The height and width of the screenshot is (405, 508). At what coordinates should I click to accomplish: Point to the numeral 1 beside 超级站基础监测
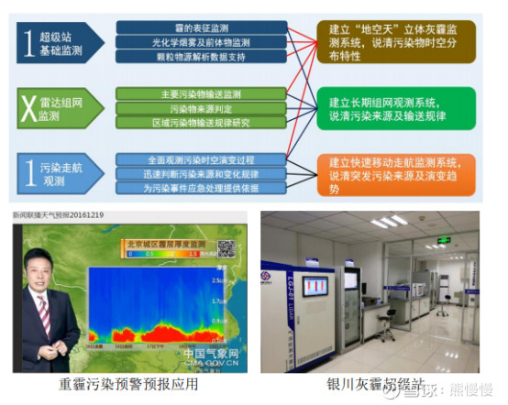(32, 42)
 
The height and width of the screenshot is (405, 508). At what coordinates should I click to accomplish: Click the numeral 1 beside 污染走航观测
(32, 172)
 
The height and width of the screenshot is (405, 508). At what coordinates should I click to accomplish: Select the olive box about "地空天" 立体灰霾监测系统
(395, 42)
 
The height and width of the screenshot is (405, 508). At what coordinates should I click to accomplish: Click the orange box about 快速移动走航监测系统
(395, 172)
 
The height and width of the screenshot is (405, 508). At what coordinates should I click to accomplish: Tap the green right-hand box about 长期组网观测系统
(395, 107)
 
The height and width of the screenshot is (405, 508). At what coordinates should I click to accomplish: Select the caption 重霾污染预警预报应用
(128, 385)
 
